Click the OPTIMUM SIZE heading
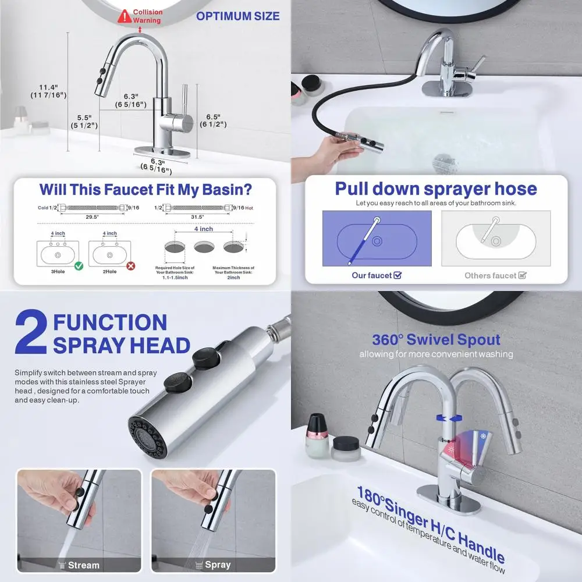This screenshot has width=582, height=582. pos(237,16)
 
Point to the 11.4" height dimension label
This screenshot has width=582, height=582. pos(49,91)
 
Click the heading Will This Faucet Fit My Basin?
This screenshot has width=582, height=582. pos(145,189)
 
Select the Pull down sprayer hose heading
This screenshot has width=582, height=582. pos(435,189)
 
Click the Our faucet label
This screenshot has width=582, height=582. pos(376,275)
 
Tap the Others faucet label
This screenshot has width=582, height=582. pos(495,275)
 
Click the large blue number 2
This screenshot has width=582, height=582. pos(30,333)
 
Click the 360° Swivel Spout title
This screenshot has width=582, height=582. pos(436,339)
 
